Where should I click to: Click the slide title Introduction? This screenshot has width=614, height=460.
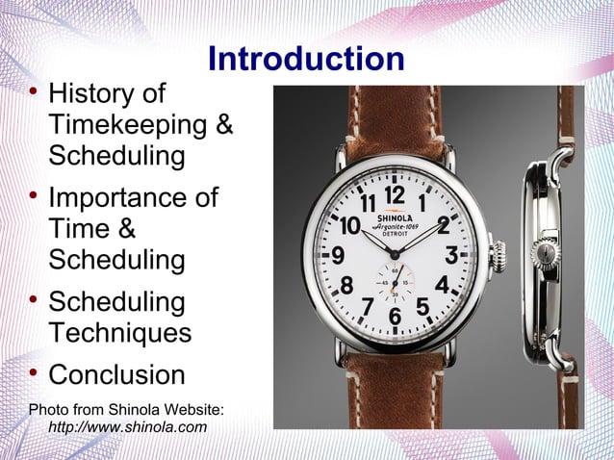click(x=306, y=60)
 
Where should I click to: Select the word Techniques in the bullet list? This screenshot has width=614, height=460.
click(x=119, y=333)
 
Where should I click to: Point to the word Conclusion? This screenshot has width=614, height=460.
click(x=116, y=374)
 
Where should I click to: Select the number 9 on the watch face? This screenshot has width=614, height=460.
click(x=339, y=257)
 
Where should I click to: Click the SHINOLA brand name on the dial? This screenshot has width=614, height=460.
click(x=395, y=217)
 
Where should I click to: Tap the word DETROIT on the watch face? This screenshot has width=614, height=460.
click(x=395, y=235)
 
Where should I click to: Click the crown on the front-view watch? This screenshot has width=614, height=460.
click(x=499, y=256)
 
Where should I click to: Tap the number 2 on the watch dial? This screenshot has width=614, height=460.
click(x=443, y=225)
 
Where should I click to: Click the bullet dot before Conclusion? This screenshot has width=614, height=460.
click(x=33, y=372)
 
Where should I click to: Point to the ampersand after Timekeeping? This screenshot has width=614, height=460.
click(x=222, y=125)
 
